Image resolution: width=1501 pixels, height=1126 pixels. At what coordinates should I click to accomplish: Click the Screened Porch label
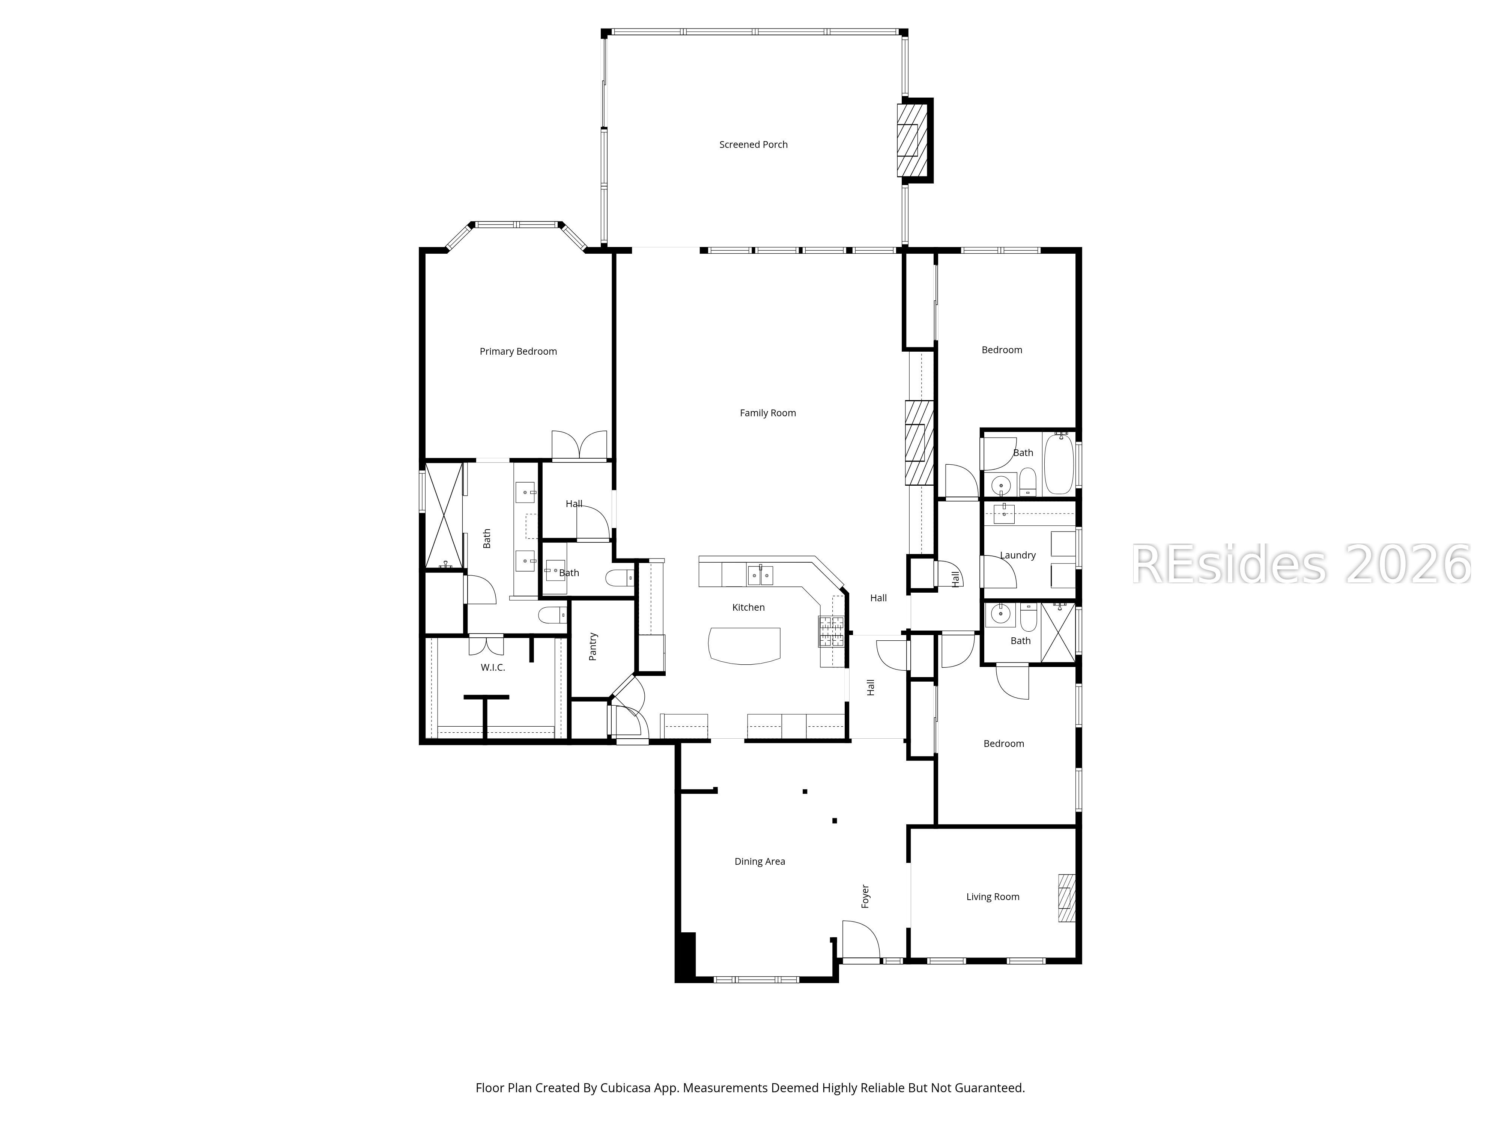[753, 145]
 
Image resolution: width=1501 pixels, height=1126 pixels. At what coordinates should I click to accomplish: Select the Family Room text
[767, 412]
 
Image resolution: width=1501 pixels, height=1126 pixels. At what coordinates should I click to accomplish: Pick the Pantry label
[593, 646]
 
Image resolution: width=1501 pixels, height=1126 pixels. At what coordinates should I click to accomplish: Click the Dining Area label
[760, 861]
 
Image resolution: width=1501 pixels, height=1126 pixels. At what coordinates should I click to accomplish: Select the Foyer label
[865, 896]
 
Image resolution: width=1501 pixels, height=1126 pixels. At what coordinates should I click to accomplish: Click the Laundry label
[1017, 555]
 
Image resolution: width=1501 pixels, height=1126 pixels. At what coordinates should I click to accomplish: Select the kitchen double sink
[760, 575]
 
